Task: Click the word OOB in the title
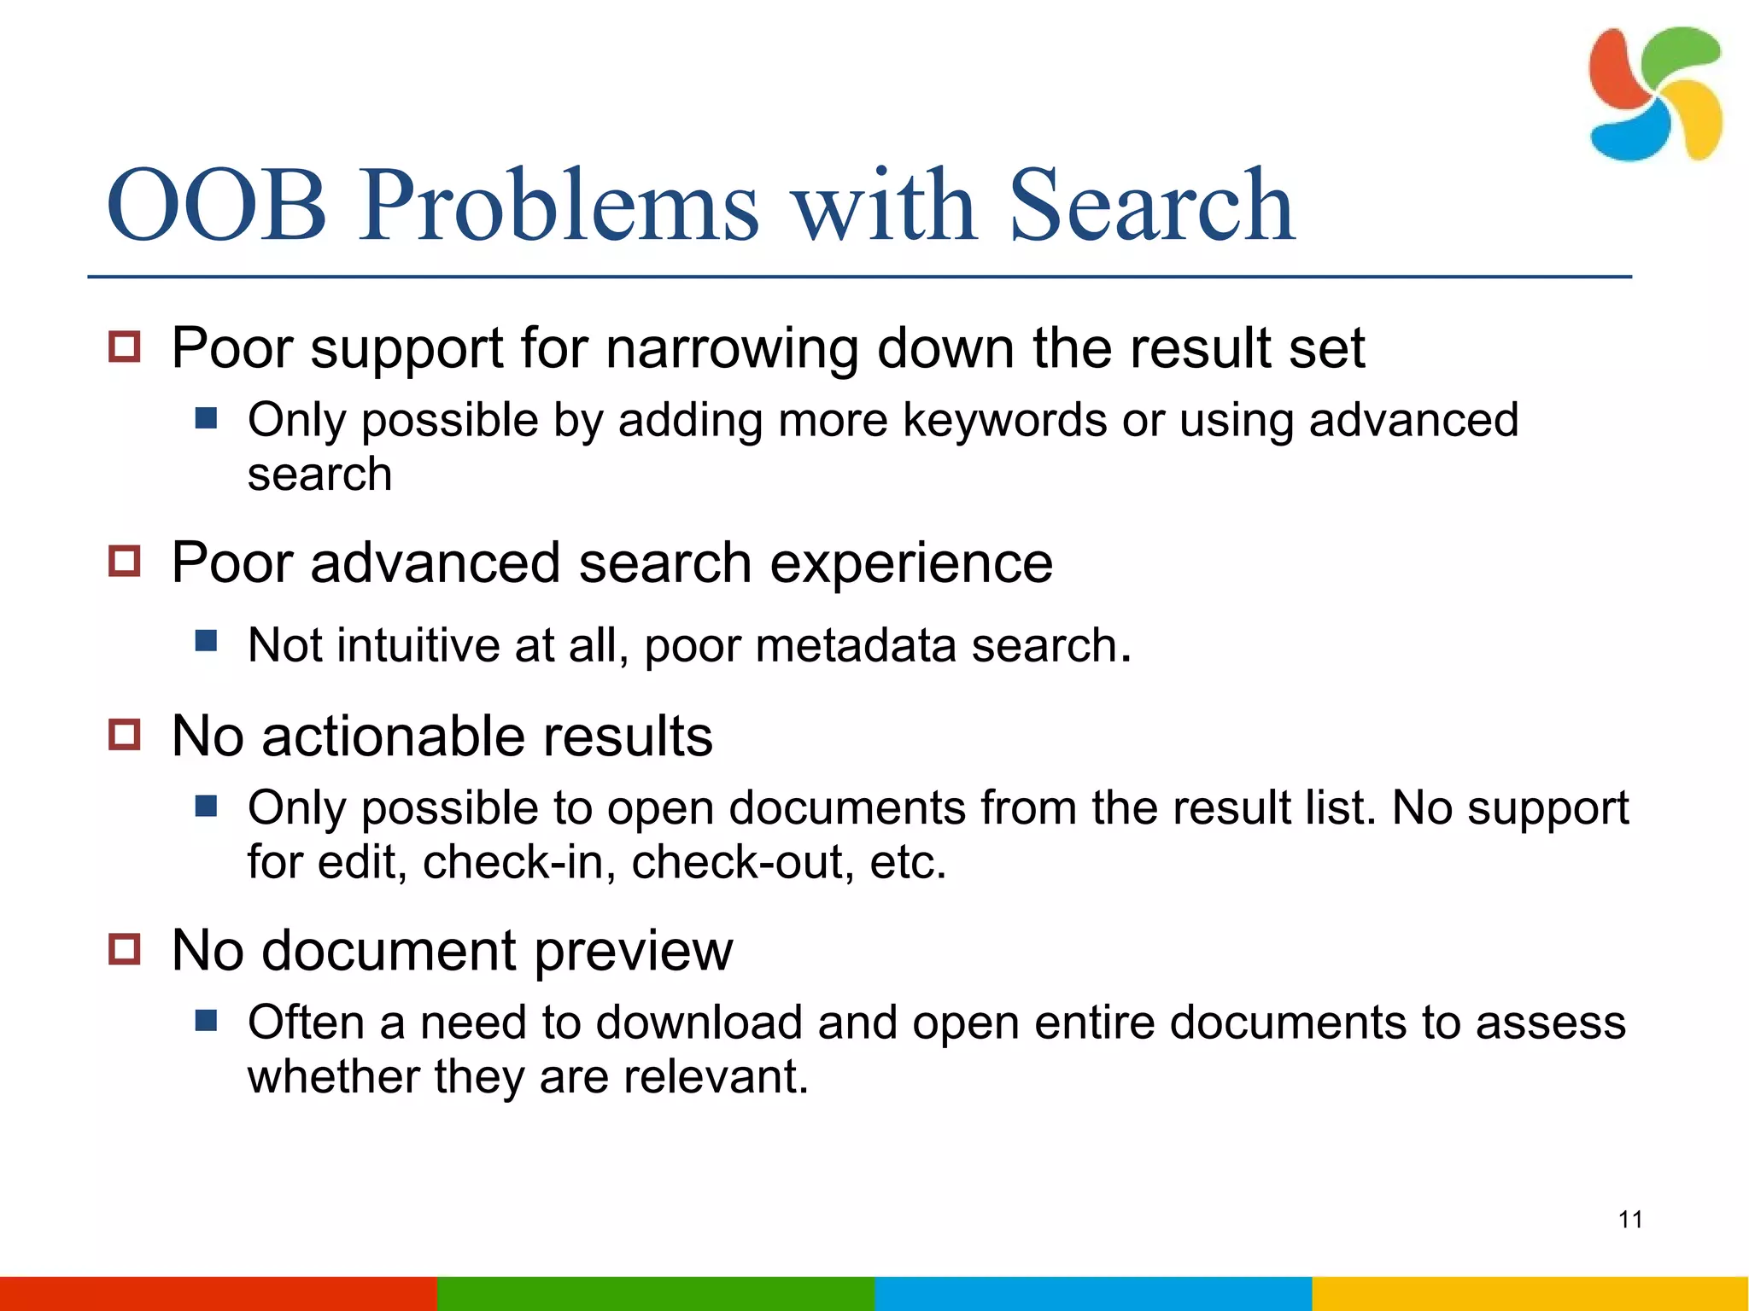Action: [x=216, y=206]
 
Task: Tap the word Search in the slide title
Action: [x=1151, y=206]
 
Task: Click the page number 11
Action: [x=1630, y=1220]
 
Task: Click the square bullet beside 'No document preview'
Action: [x=125, y=949]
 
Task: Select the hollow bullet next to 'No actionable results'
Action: [x=125, y=734]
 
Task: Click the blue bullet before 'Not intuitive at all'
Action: [x=206, y=640]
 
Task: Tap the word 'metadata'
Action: [x=856, y=645]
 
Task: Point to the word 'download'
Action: [x=699, y=1023]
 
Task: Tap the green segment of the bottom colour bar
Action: [x=655, y=1293]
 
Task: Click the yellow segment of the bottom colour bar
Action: [x=1530, y=1293]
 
